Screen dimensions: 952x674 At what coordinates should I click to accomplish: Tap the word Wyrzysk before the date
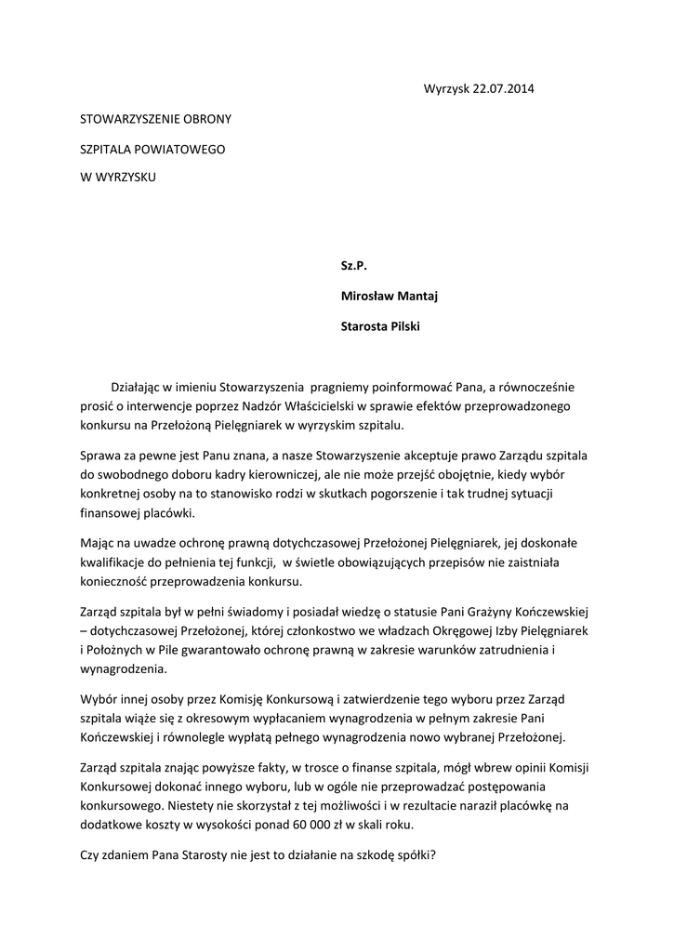point(447,89)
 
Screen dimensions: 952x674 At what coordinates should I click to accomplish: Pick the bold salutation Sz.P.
point(354,267)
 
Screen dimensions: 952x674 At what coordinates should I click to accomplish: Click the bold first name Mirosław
point(368,297)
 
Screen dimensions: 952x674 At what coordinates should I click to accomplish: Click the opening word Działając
point(139,385)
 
